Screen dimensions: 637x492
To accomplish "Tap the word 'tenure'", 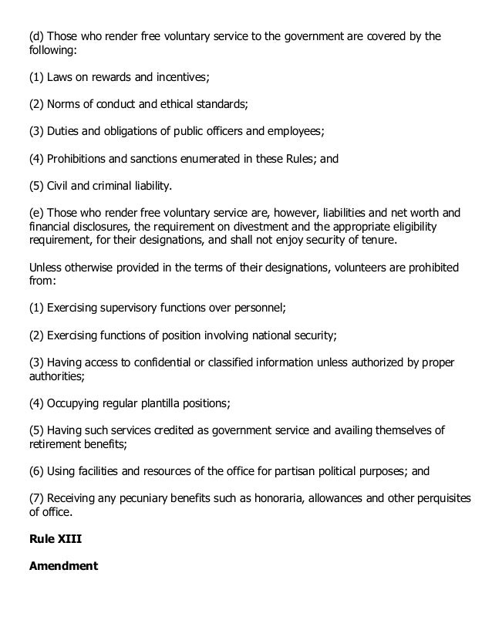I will point(359,239).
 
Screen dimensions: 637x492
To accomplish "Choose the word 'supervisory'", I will point(134,307).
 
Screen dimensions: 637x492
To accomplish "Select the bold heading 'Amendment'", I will point(63,565).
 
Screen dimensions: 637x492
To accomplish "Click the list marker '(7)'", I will point(36,496).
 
